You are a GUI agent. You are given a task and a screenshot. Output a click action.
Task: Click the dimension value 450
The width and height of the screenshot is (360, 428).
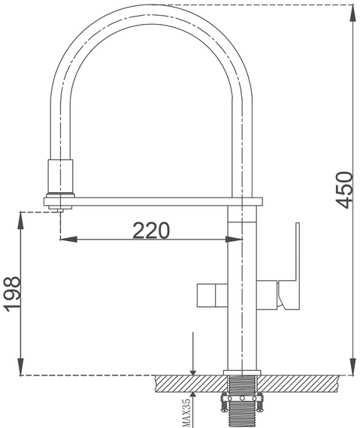tap(344, 190)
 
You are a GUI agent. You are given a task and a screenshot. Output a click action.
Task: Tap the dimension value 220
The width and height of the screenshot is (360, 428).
tap(151, 231)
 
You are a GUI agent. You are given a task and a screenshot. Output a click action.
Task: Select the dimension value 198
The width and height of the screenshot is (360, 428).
tap(12, 294)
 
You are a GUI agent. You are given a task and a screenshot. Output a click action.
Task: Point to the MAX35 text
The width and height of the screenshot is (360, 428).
tap(186, 412)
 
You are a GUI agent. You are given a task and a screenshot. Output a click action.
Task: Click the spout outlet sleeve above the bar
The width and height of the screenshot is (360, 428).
tap(60, 176)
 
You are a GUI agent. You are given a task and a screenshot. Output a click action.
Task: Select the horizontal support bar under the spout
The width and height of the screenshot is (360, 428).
tap(153, 201)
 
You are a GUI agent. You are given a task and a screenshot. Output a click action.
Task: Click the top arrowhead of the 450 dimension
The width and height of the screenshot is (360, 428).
tap(353, 13)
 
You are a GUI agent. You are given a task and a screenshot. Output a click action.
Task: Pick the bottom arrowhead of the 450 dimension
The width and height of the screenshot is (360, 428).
tap(353, 367)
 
